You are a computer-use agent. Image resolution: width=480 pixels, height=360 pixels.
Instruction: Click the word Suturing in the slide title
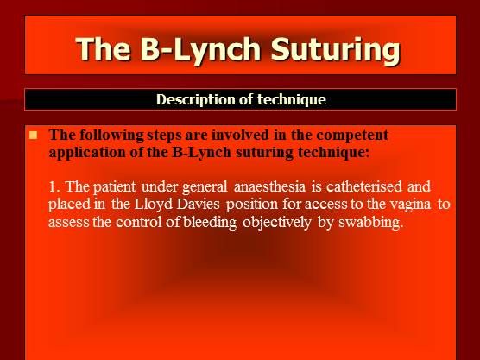click(x=334, y=48)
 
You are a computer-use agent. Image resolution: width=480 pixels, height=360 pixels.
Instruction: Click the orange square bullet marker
click(x=35, y=136)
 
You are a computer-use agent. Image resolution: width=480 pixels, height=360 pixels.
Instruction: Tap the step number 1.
click(x=54, y=186)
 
